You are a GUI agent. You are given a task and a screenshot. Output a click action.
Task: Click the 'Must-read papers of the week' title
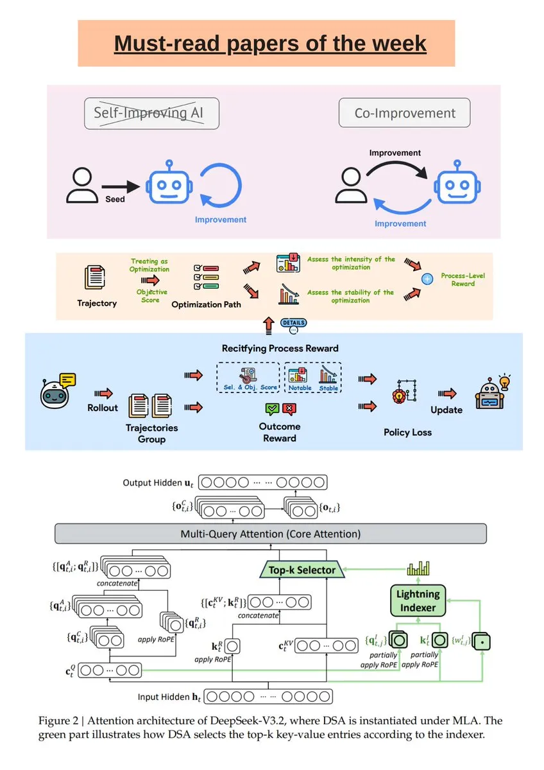pos(269,43)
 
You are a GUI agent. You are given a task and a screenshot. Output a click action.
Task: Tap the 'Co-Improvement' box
pos(404,114)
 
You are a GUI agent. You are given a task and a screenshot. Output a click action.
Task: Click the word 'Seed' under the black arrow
pos(115,199)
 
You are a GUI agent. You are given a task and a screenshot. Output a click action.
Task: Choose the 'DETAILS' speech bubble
pos(293,323)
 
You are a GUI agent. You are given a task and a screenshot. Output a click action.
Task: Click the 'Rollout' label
pos(103,408)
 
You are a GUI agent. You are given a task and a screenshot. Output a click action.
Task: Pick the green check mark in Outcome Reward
pos(271,408)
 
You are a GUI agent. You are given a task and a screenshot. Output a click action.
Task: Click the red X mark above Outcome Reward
pos(289,408)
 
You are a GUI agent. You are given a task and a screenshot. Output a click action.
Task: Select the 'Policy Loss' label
pos(407,432)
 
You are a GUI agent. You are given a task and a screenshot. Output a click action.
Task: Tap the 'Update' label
pos(446,410)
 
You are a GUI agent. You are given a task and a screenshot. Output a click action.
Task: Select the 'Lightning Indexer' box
pos(418,600)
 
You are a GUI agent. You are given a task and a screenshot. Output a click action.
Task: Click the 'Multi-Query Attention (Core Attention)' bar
pos(270,534)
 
